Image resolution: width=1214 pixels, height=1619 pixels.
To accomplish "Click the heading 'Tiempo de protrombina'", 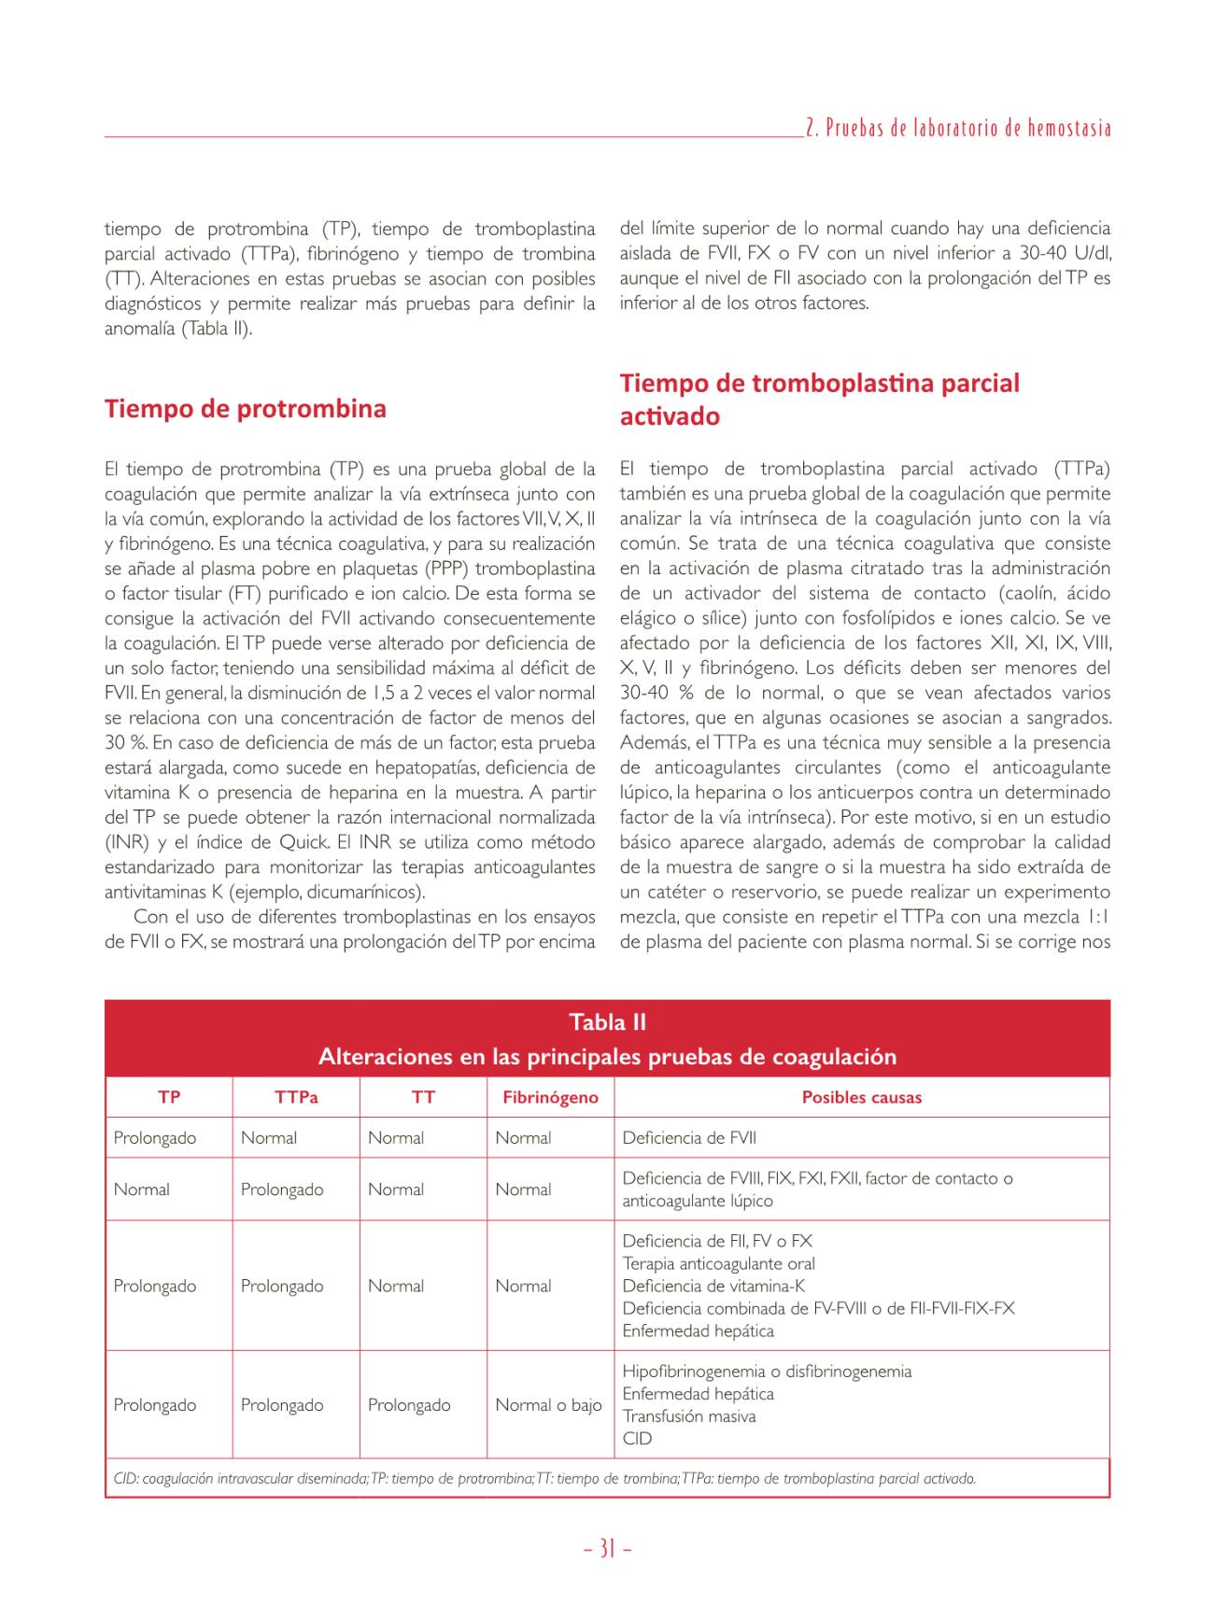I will click(x=245, y=409).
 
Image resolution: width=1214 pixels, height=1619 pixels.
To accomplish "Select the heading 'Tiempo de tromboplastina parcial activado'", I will click(x=819, y=399).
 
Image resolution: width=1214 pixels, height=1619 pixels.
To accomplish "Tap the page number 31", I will click(x=607, y=1549).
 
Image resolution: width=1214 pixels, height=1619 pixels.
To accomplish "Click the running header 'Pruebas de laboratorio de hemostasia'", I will click(x=958, y=129).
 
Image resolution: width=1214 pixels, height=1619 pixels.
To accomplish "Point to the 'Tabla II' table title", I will click(x=607, y=1022).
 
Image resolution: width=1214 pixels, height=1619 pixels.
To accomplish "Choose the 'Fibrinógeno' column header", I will click(x=550, y=1098).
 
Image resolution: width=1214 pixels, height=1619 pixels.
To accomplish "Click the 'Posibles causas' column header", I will click(x=861, y=1098).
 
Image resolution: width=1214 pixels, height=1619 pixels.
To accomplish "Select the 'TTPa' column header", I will click(x=296, y=1098).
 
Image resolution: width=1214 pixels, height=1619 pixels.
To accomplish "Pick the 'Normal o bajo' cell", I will click(x=548, y=1405).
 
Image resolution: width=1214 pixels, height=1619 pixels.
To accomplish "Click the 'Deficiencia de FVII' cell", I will click(x=689, y=1138).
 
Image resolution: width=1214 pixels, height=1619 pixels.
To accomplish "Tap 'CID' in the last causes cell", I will click(x=637, y=1439).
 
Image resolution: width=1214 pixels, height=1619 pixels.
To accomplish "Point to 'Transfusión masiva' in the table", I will click(x=689, y=1416).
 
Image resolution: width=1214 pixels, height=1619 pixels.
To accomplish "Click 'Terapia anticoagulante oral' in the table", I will click(x=718, y=1264).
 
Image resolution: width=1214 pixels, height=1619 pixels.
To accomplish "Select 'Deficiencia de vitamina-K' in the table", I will click(x=713, y=1287).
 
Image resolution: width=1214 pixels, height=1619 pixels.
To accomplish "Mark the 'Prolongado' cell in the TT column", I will click(x=409, y=1405).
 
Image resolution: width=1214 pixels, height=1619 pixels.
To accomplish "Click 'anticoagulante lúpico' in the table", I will click(x=698, y=1202).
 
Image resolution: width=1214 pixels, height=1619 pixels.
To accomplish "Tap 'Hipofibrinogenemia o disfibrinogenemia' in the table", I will click(x=767, y=1372).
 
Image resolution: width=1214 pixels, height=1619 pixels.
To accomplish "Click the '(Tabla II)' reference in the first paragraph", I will click(x=217, y=329).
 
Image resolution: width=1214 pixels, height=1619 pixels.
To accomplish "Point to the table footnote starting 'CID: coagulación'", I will click(x=544, y=1479).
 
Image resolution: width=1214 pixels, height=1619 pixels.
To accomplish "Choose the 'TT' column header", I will click(x=423, y=1098).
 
